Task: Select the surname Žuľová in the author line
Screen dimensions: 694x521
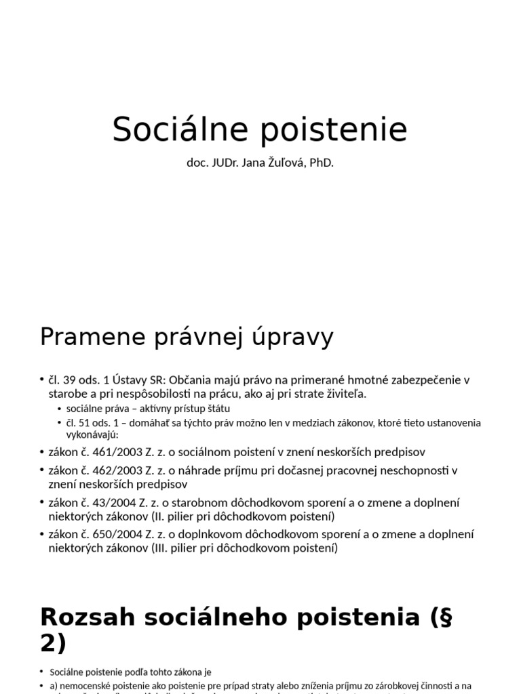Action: [280, 164]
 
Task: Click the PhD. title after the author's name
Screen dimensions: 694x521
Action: [322, 164]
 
